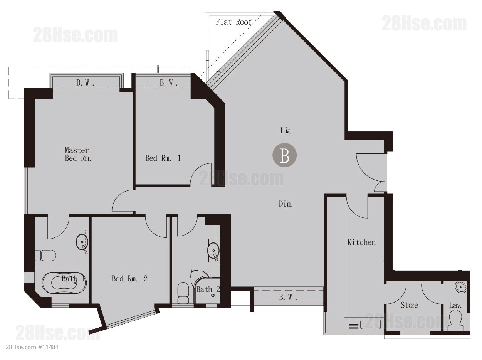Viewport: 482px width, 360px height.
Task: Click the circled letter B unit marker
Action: (284, 155)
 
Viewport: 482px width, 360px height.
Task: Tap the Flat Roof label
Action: (233, 22)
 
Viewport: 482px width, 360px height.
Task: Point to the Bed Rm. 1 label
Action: (163, 158)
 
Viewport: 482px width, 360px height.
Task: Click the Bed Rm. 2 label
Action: (129, 279)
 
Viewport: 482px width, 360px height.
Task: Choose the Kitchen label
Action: (361, 242)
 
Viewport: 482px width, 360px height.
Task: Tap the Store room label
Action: (409, 305)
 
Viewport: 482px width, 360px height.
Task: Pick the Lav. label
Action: (455, 305)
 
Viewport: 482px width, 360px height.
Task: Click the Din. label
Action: (286, 204)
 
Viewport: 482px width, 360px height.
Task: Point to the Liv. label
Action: (286, 130)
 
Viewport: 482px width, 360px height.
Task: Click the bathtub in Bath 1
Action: (64, 283)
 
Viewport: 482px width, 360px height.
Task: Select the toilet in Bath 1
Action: (45, 255)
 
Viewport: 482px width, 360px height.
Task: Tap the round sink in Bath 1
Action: (82, 242)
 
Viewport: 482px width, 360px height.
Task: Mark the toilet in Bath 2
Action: (183, 293)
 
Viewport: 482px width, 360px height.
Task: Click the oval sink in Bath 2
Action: (213, 251)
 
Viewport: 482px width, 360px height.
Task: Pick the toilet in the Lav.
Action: (455, 321)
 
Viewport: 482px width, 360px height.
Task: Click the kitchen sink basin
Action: (370, 324)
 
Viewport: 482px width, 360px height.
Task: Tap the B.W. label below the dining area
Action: (288, 298)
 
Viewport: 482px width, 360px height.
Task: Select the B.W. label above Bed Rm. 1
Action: (169, 83)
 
